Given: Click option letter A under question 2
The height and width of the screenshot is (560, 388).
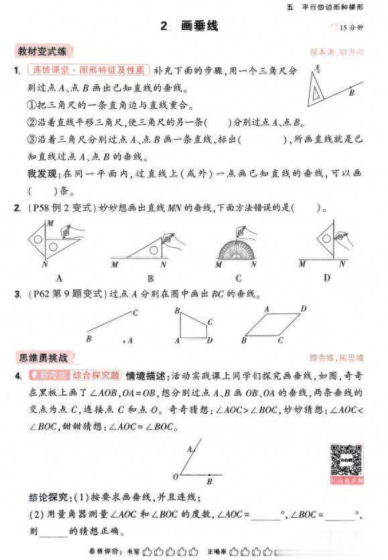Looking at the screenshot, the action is (x=59, y=277).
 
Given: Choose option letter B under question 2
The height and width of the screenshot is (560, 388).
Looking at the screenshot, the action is (x=149, y=277).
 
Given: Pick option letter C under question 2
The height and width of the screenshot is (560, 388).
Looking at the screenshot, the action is (x=239, y=277).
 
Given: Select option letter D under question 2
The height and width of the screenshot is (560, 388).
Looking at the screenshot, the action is (x=326, y=277).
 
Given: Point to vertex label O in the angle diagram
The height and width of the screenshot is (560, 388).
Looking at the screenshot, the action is (x=176, y=476).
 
